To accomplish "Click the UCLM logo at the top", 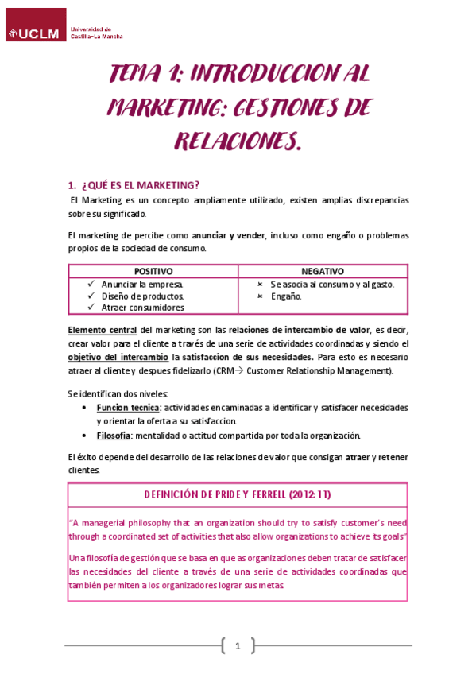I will pos(36,33).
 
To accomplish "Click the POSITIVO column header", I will pos(153,271).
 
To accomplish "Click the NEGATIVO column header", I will pos(323,271).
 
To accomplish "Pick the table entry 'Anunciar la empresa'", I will pos(142,284).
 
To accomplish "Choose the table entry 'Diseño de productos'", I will pos(142,296).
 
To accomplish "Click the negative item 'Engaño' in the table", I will pos(285,296).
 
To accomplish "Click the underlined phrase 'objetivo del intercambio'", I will pos(118,357).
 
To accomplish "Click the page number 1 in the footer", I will pos(237,645).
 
